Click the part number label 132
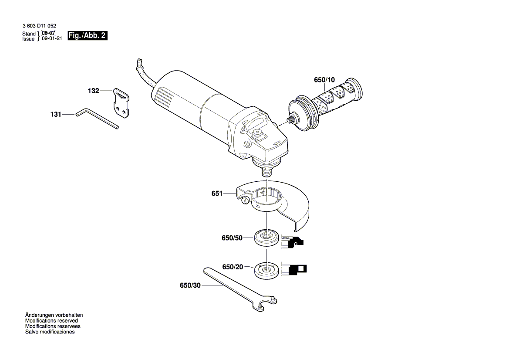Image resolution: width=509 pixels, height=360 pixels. click(x=93, y=91)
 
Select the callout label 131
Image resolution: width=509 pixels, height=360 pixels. click(x=55, y=115)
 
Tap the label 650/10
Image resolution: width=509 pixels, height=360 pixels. click(x=324, y=80)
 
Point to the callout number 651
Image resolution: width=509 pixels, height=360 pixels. click(x=217, y=194)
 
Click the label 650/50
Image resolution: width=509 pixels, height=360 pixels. click(x=232, y=238)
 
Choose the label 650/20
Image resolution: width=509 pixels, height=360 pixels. click(x=233, y=267)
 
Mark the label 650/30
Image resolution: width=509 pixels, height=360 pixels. click(x=190, y=285)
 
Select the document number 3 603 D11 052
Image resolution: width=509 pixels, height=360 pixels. click(x=39, y=27)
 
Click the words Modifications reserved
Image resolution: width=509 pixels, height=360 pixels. click(x=51, y=320)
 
